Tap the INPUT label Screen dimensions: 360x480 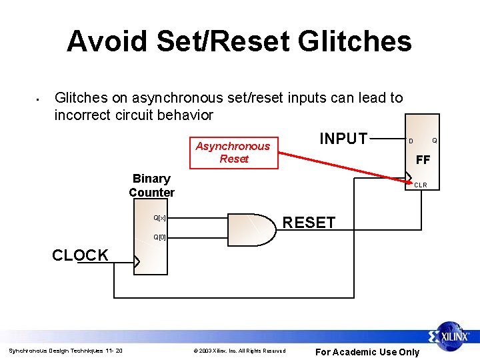tap(343, 139)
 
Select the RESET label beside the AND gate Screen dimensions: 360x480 tap(309, 223)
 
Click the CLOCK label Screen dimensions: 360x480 tap(80, 255)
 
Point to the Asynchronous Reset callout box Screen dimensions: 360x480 tap(233, 153)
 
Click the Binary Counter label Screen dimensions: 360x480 tap(151, 185)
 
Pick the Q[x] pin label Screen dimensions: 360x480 tap(159, 218)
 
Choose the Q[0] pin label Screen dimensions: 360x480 tap(159, 237)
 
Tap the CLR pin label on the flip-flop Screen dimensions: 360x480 tap(421, 185)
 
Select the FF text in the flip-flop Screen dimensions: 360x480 tap(423, 160)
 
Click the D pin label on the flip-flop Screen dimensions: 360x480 tap(411, 141)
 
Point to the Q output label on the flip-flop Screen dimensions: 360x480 tap(434, 141)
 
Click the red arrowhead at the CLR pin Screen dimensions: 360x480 tap(409, 180)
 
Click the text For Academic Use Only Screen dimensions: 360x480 tap(367, 352)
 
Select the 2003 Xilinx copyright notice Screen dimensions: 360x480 tap(239, 351)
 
